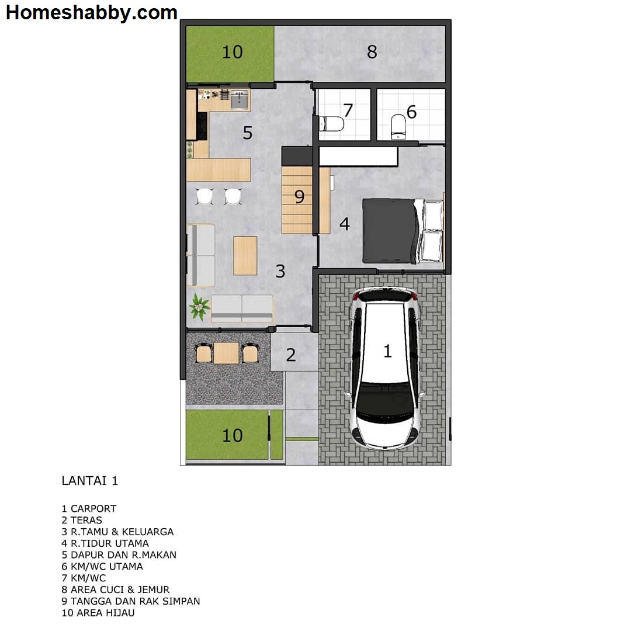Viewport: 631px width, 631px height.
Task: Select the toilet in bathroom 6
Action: (x=398, y=127)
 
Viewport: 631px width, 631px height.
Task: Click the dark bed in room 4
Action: (x=390, y=230)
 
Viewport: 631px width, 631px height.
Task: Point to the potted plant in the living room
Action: (x=199, y=307)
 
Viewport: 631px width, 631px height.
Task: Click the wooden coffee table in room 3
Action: (x=245, y=255)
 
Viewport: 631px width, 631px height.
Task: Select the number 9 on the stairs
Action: (x=299, y=197)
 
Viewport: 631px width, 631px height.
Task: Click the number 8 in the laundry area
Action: (x=372, y=52)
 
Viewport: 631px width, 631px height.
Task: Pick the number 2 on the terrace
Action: (x=291, y=355)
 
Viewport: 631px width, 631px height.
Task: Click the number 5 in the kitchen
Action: (x=248, y=133)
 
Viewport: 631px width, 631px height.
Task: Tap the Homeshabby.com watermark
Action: (x=92, y=12)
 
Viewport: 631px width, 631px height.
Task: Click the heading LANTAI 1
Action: (x=90, y=481)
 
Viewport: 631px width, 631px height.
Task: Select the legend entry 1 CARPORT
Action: (x=89, y=508)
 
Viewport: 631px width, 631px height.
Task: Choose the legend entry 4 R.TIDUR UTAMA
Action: (x=105, y=543)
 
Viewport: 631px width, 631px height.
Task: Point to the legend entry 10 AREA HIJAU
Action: (x=98, y=613)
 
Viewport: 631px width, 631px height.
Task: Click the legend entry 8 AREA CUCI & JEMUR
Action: (x=116, y=590)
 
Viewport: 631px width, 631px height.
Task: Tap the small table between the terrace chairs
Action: (x=226, y=353)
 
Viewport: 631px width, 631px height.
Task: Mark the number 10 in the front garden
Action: (x=232, y=435)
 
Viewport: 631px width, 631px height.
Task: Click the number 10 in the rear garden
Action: (x=232, y=52)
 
